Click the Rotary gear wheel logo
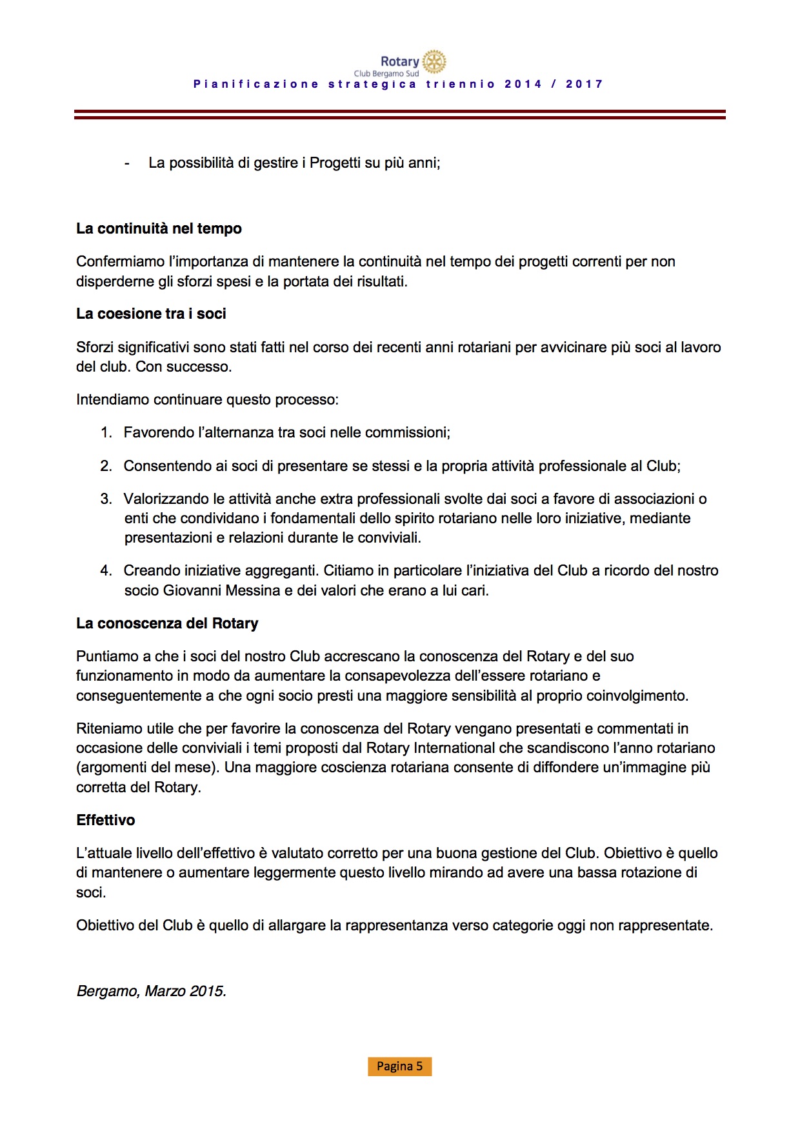434,61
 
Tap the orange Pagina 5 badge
399,1066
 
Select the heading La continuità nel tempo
159,228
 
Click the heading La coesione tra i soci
151,314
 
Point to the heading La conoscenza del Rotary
167,623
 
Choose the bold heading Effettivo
106,820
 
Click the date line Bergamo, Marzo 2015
152,991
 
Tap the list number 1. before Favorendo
106,432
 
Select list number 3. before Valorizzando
106,499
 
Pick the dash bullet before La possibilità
127,163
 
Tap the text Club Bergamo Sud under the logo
386,74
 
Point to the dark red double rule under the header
399,115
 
